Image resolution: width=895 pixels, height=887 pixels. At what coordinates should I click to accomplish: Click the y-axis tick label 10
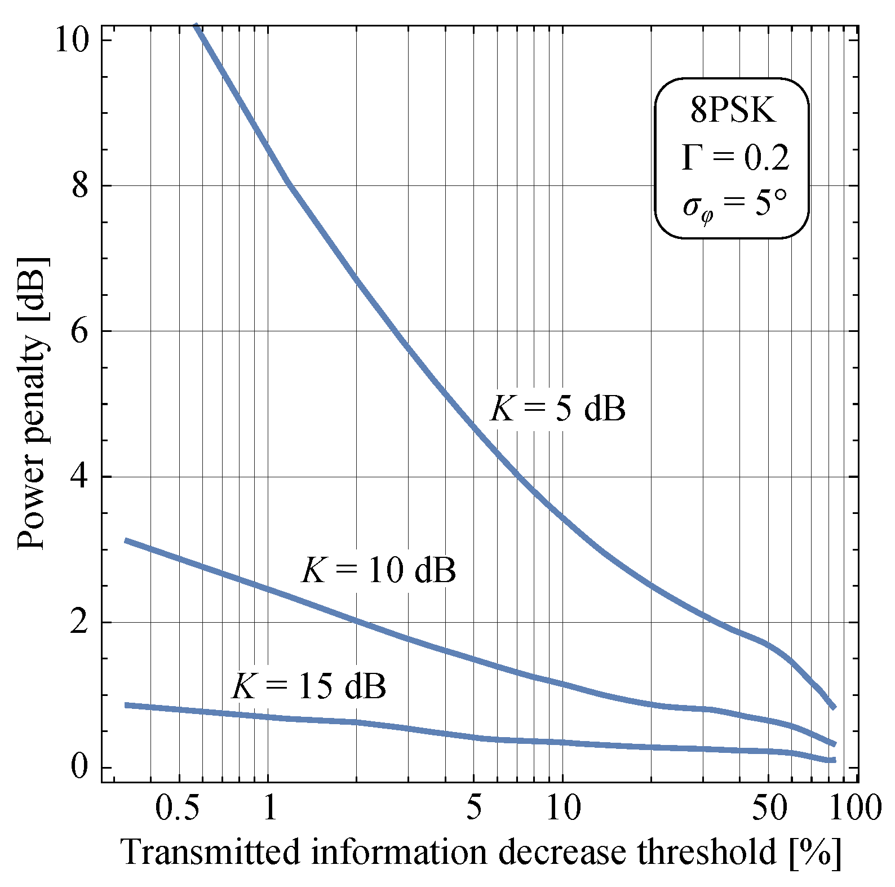point(72,41)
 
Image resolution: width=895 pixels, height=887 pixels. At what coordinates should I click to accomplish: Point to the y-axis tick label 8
point(81,185)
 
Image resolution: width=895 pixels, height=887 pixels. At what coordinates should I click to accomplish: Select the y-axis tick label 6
point(81,331)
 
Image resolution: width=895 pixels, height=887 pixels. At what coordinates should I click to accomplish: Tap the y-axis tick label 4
point(81,477)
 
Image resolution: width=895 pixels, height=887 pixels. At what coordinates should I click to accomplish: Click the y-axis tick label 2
point(81,622)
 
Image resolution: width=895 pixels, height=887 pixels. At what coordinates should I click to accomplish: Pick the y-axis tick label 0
point(81,768)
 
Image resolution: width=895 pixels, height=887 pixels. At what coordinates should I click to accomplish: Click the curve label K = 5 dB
point(558,408)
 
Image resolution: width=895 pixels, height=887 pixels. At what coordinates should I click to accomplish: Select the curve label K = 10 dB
point(379,570)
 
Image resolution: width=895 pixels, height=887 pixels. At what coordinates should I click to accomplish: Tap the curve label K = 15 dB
point(309,686)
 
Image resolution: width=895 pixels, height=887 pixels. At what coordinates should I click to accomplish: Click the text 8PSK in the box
point(732,111)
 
